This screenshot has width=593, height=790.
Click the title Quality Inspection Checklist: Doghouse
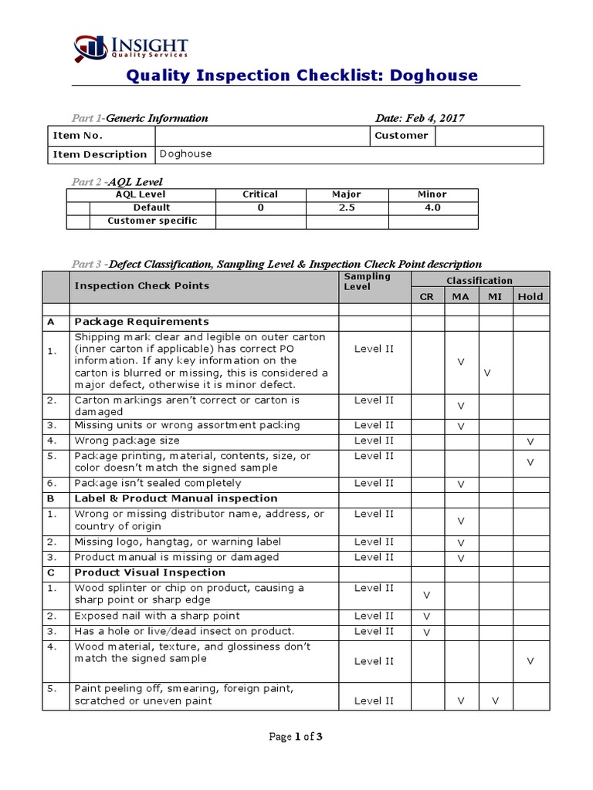coord(301,75)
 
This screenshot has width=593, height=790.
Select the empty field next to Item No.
coord(263,136)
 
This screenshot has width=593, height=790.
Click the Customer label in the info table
coord(401,136)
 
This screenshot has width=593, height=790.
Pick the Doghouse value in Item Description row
coord(185,154)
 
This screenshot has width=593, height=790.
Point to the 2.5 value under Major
coord(347,208)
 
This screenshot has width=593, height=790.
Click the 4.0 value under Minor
coord(432,208)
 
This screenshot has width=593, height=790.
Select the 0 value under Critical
coord(260,208)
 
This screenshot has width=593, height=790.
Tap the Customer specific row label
coord(152,221)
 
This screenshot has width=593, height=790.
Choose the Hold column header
coord(530,296)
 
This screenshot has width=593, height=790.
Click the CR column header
coord(426,296)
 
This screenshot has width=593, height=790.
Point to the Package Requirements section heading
coord(141,322)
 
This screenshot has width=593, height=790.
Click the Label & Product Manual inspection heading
coord(175,498)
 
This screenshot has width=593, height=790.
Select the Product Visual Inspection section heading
coord(150,572)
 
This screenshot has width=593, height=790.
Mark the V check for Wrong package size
coord(530,441)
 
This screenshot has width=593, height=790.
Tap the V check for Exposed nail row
coord(426,616)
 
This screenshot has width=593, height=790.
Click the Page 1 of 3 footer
coord(296,737)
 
